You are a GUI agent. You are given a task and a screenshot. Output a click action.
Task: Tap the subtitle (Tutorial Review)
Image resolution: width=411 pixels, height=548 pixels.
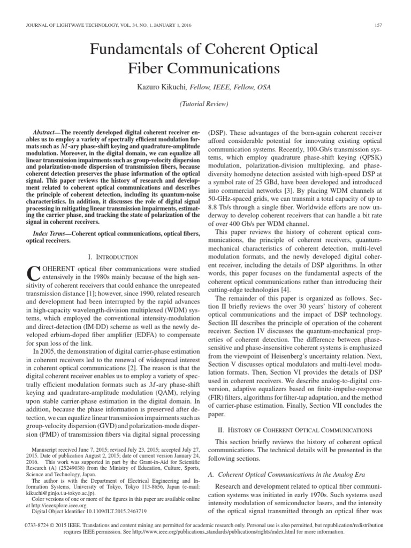pos(205,104)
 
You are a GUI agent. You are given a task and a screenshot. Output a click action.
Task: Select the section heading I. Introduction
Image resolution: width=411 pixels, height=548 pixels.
pos(113,257)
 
